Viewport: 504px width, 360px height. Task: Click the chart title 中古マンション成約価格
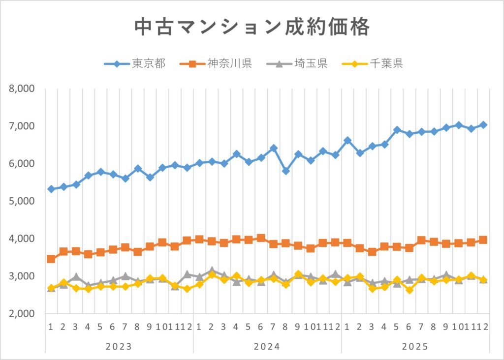[252, 28]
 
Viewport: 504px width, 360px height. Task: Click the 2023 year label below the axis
[119, 346]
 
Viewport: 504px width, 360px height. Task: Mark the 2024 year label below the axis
[267, 346]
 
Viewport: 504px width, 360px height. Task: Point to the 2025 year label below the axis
[415, 346]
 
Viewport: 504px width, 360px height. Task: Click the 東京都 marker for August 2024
[285, 171]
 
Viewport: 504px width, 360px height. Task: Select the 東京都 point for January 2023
[51, 189]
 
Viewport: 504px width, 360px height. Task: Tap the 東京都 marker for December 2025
[483, 125]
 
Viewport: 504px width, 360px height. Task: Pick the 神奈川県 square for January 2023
[51, 259]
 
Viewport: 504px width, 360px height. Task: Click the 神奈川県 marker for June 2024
[261, 238]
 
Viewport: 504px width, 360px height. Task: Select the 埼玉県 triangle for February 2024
[212, 271]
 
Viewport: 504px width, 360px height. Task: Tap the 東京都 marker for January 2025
[347, 140]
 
